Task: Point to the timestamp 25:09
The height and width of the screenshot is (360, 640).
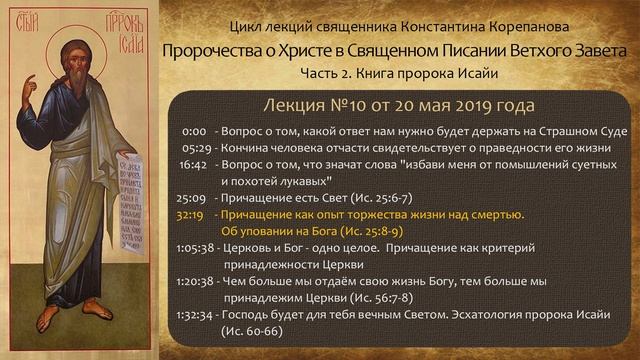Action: pos(190,199)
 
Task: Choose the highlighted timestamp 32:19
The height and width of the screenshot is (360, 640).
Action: pos(189,215)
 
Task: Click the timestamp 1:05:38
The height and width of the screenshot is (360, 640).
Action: pos(193,249)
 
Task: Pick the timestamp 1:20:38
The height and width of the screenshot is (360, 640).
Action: pos(193,282)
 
